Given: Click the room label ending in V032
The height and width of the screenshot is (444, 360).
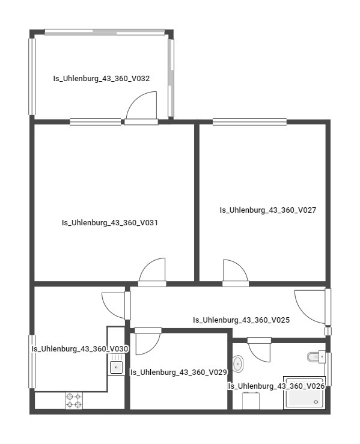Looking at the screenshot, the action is tap(102, 79).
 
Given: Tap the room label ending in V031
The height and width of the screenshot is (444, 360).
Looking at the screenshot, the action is tap(109, 222).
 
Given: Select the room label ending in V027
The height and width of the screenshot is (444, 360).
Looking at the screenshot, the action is tap(267, 210).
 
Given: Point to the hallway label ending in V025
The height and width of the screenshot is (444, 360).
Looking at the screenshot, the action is tap(242, 320).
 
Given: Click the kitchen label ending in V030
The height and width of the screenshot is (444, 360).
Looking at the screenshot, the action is tap(80, 349).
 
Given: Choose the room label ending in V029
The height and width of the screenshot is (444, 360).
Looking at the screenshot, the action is tap(178, 372).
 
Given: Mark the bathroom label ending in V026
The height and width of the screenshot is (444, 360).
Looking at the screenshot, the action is tap(276, 386).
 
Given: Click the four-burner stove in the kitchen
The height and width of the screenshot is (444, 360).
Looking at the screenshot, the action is tap(74, 400).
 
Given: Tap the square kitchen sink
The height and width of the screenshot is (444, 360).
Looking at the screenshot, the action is tap(116, 368).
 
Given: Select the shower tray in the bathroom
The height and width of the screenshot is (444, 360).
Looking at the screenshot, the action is tap(304, 393).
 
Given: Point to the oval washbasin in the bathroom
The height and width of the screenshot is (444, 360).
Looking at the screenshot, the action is tap(237, 363).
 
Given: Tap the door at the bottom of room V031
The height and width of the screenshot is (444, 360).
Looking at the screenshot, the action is tap(152, 272).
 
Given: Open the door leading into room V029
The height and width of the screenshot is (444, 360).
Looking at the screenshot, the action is tap(148, 341).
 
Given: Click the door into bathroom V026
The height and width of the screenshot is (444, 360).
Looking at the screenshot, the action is tap(259, 350).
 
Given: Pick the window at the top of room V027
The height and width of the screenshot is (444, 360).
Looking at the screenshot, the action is tap(249, 122).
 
